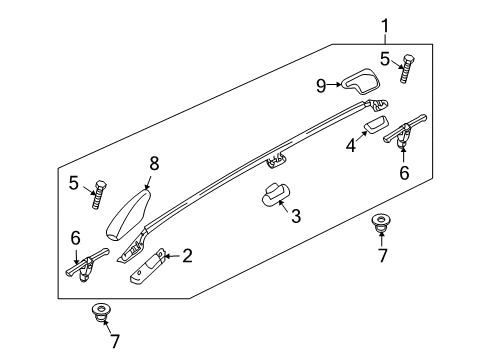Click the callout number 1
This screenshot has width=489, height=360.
(x=385, y=26)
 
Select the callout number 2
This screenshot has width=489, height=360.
(x=187, y=256)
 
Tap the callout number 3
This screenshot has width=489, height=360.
(x=296, y=216)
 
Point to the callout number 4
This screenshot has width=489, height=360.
(x=351, y=146)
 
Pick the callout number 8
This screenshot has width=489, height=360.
(x=154, y=164)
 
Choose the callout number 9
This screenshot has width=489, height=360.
(x=321, y=86)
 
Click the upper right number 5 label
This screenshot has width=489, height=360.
(x=385, y=59)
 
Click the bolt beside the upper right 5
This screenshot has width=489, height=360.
(x=407, y=69)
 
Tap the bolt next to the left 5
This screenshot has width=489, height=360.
(x=99, y=195)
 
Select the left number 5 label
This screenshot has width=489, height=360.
(x=74, y=183)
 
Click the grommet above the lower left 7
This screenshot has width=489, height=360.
(x=101, y=312)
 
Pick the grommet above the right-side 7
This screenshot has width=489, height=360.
(x=381, y=224)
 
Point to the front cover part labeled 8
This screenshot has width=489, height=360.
(x=128, y=214)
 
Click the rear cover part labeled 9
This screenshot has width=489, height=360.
(x=360, y=81)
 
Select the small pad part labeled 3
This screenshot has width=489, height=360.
(x=275, y=195)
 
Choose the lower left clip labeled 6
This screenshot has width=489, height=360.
(x=87, y=263)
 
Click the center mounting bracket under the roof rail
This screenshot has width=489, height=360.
(x=276, y=160)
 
